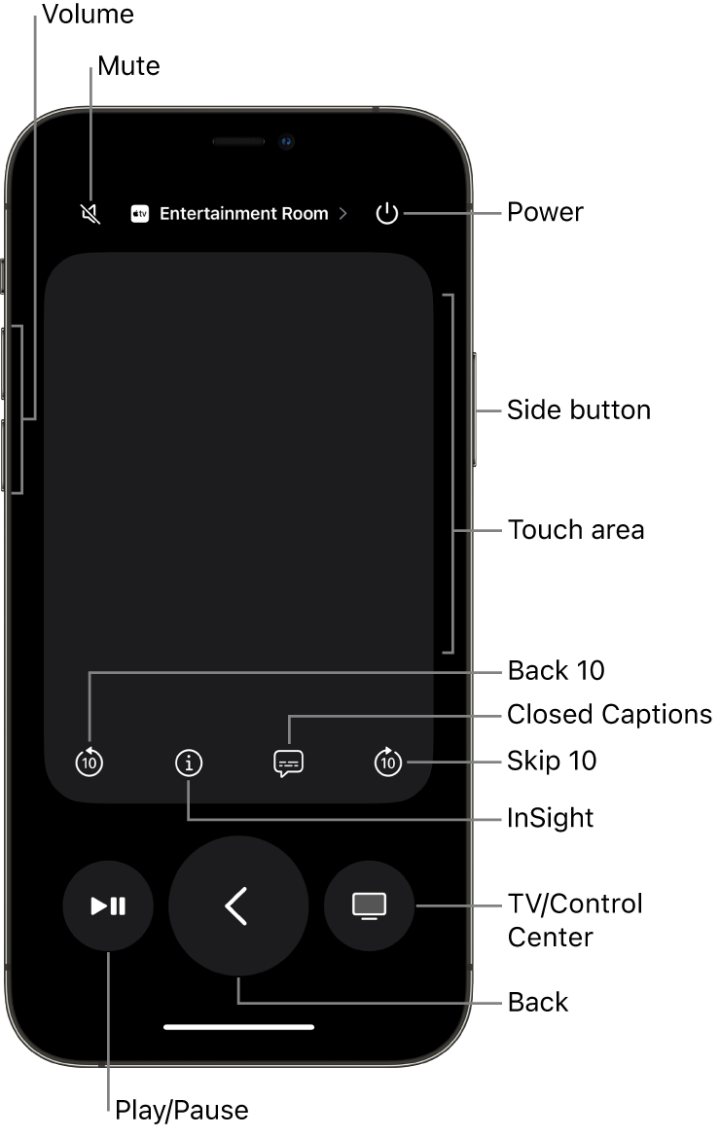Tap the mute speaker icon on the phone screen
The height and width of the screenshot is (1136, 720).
pyautogui.click(x=90, y=214)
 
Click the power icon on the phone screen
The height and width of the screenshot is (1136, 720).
pyautogui.click(x=387, y=214)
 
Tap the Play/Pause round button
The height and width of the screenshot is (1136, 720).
pyautogui.click(x=108, y=906)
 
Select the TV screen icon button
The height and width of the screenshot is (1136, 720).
pyautogui.click(x=369, y=906)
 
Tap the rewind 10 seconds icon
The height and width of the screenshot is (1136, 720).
pyautogui.click(x=90, y=763)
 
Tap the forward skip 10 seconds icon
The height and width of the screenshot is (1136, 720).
pyautogui.click(x=387, y=763)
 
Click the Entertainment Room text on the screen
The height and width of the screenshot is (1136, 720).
pyautogui.click(x=243, y=214)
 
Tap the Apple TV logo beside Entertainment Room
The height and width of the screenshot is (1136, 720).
pyautogui.click(x=140, y=214)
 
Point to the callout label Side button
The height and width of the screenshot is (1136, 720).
pyautogui.click(x=578, y=409)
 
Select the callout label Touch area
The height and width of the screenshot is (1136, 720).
pyautogui.click(x=575, y=530)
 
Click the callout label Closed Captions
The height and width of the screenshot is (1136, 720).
pyautogui.click(x=609, y=715)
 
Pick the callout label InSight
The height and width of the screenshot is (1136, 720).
pyautogui.click(x=550, y=818)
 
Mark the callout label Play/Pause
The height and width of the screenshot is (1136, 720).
pyautogui.click(x=181, y=1110)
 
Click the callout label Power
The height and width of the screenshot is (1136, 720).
pyautogui.click(x=545, y=212)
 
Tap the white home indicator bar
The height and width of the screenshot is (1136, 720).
pyautogui.click(x=238, y=1026)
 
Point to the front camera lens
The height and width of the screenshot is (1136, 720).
pyautogui.click(x=287, y=142)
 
